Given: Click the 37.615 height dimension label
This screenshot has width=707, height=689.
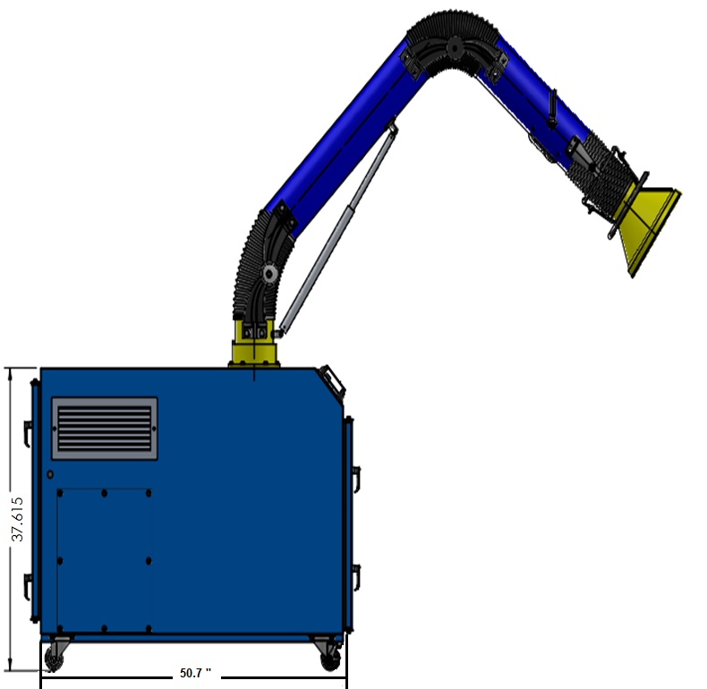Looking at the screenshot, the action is click(x=18, y=519).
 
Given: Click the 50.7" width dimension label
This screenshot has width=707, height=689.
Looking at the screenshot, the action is click(x=195, y=673).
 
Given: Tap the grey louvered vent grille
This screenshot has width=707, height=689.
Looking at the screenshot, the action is click(x=105, y=429).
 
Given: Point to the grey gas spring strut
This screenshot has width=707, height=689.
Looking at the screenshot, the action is click(x=338, y=229).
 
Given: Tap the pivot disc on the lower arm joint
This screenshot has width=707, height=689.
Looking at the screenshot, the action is click(x=269, y=273).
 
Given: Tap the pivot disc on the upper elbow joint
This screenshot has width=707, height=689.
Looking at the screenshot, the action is click(x=453, y=47).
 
